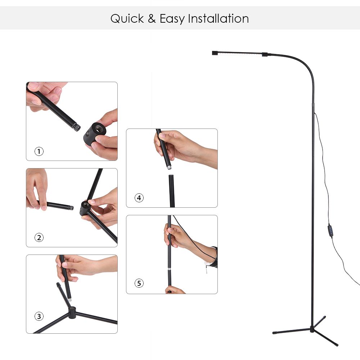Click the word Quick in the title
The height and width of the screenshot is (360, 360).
[x=127, y=19]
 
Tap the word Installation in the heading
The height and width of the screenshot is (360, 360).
[x=219, y=18]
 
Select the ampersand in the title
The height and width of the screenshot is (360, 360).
[x=152, y=19]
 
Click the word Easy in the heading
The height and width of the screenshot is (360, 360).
[x=172, y=19]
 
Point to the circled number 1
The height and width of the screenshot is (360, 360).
[x=39, y=152]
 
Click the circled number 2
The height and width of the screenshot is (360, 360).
[x=39, y=237]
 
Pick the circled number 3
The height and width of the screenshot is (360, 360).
[x=39, y=316]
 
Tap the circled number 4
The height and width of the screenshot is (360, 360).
[x=139, y=198]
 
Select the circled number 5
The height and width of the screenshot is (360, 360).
[x=139, y=283]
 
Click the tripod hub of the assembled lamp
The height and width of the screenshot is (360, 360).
[x=312, y=329]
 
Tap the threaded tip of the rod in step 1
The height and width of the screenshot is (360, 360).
[x=77, y=127]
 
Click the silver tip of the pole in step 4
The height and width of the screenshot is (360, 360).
[x=169, y=167]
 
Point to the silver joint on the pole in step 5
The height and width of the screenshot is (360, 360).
[x=169, y=269]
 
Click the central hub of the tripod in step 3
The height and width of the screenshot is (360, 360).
[x=72, y=313]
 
